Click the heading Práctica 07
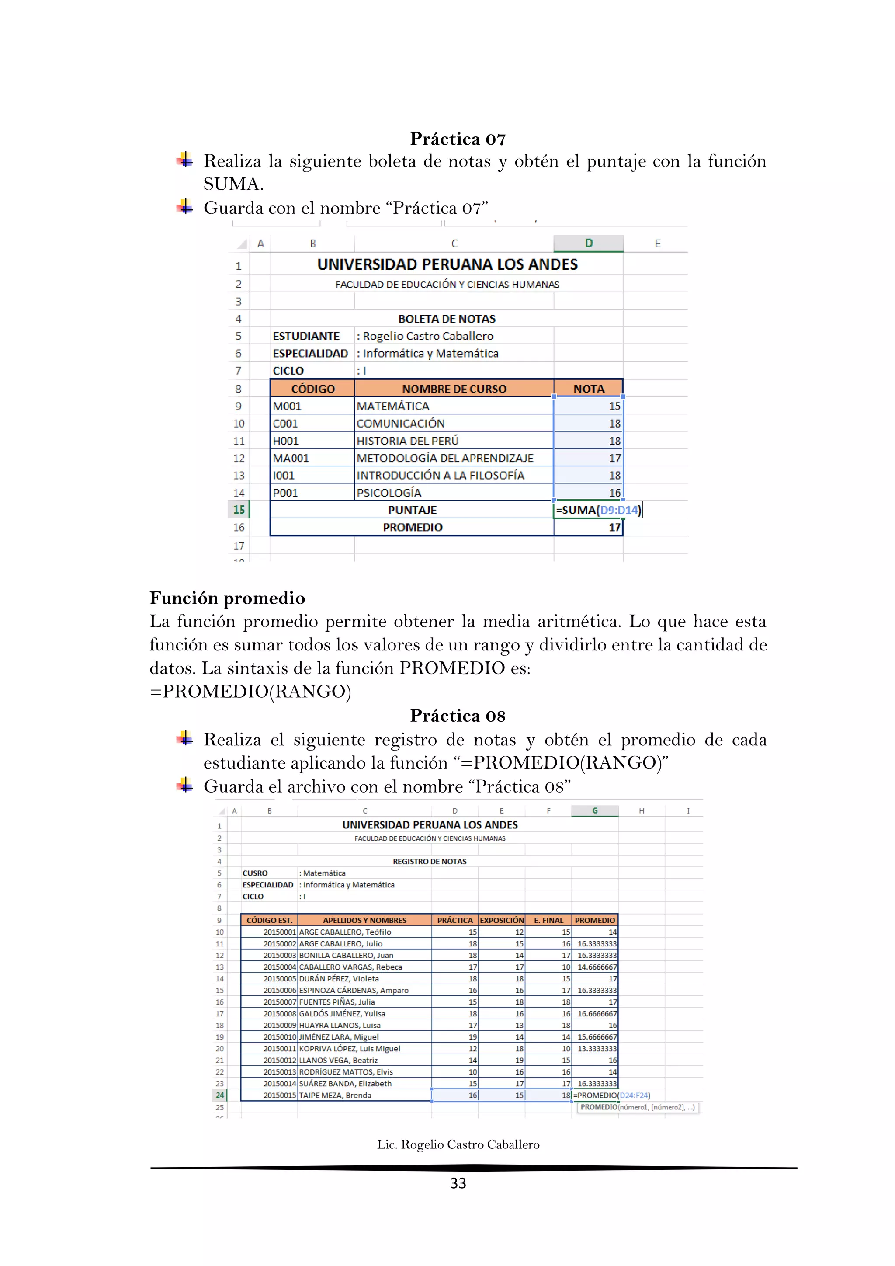[458, 139]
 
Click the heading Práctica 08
[458, 716]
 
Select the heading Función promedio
[227, 598]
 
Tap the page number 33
[458, 1183]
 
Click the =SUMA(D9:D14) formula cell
[597, 510]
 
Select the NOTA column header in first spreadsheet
[588, 389]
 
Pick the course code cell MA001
[291, 458]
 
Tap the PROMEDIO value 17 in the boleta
[614, 528]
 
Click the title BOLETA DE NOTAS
[446, 319]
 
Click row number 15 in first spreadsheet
[239, 510]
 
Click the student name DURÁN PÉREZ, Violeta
[339, 979]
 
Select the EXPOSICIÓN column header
[502, 920]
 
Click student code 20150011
[279, 1049]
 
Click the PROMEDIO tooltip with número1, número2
[637, 1107]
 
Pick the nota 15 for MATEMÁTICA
[614, 407]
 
